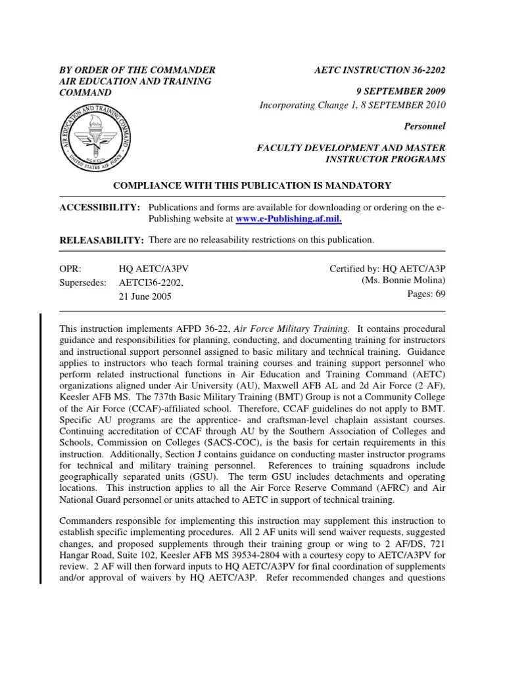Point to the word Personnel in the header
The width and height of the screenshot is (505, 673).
(x=426, y=125)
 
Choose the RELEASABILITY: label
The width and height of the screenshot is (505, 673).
(x=102, y=241)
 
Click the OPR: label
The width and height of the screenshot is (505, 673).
(x=70, y=269)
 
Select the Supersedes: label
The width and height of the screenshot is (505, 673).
(x=84, y=282)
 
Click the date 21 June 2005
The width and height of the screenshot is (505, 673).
(x=145, y=296)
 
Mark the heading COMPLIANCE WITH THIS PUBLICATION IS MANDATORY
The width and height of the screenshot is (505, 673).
(x=252, y=186)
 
